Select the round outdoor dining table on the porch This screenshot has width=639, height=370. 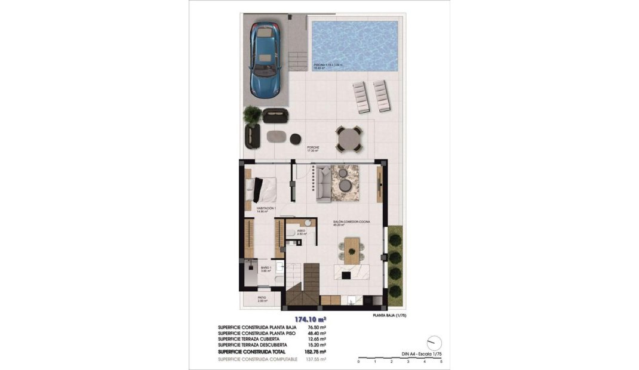tap(348, 139)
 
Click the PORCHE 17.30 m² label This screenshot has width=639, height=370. tap(313, 149)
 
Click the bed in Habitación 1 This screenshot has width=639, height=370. tap(263, 189)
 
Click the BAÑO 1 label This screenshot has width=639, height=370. tap(266, 269)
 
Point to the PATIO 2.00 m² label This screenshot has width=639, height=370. tap(262, 299)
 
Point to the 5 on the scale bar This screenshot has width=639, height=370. tap(441, 362)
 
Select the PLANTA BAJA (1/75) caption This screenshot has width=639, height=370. tap(389, 315)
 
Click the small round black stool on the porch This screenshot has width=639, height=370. tap(295, 139)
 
